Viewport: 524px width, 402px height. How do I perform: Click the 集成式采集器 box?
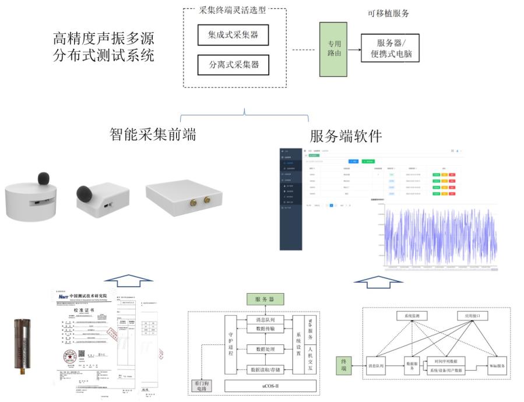(x=233, y=35)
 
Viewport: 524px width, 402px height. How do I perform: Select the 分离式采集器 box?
(x=233, y=64)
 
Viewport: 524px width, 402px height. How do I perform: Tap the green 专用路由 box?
(x=333, y=49)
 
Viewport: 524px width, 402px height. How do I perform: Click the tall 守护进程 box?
(x=230, y=345)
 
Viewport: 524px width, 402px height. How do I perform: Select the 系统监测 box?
(x=412, y=316)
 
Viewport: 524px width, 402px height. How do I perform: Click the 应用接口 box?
(x=470, y=316)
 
